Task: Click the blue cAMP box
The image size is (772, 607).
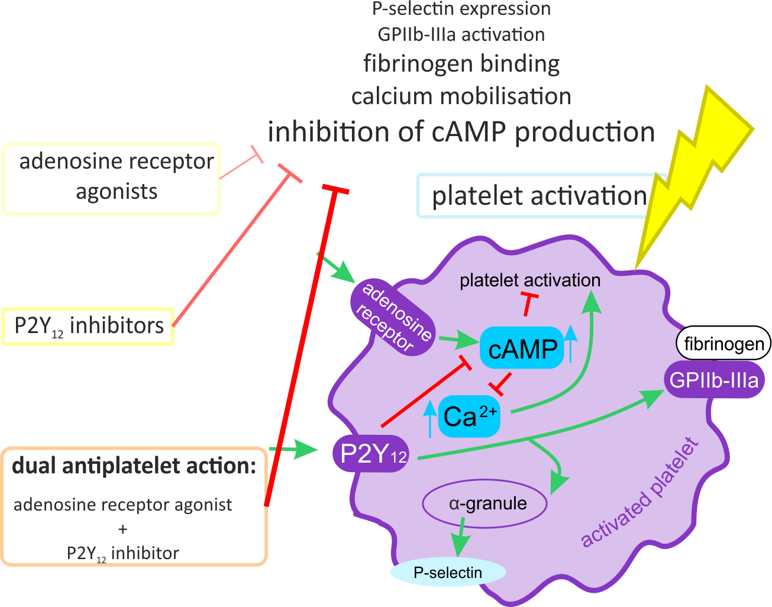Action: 522,348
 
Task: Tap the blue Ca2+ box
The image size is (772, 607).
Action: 469,416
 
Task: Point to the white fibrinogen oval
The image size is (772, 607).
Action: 723,343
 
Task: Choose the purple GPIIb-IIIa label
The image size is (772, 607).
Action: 714,380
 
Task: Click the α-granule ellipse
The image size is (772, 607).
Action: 484,504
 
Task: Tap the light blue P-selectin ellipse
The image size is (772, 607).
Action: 448,572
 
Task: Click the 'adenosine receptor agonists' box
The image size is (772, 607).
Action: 112,177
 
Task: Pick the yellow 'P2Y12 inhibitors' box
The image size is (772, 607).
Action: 89,326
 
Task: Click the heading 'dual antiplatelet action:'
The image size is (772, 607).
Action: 134,466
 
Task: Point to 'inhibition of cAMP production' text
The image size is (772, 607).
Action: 461,131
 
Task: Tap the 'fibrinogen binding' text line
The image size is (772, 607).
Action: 461,63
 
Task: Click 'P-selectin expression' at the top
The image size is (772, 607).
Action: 461,9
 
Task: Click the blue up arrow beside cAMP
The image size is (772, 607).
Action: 570,343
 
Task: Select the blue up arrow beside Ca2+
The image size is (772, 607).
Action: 430,417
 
